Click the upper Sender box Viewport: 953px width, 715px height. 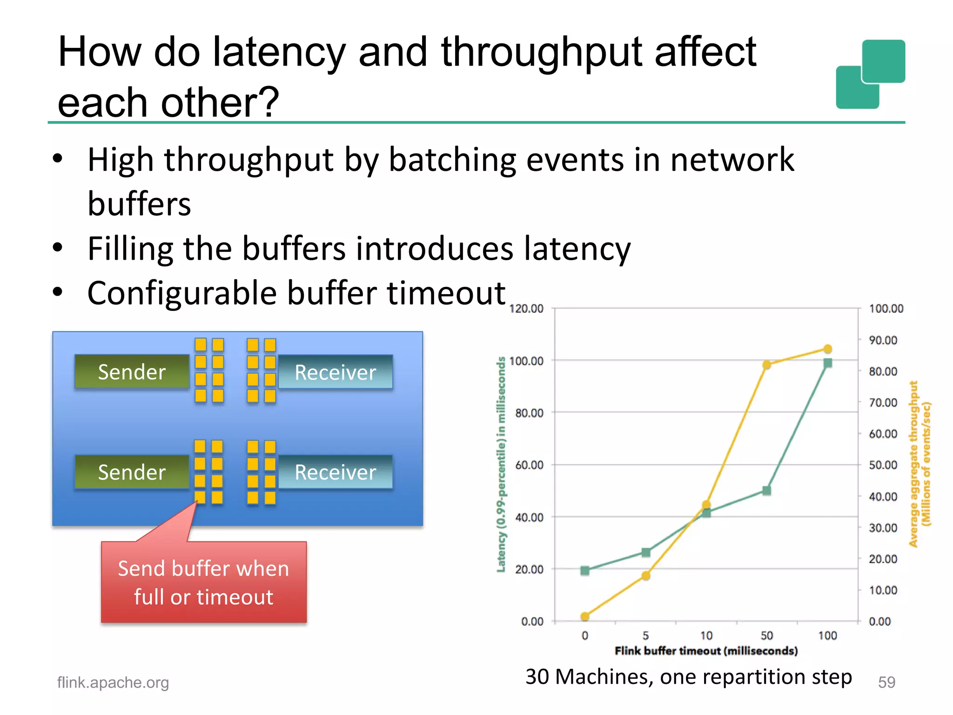[132, 372]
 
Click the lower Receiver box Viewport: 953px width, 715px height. [335, 472]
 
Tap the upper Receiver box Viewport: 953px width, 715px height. [335, 372]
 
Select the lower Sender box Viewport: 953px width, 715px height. [132, 472]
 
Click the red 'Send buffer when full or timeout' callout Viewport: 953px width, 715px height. [203, 582]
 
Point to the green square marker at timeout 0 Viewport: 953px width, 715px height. [585, 571]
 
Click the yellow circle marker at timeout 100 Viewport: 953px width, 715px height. [827, 349]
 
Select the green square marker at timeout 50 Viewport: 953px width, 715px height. [767, 491]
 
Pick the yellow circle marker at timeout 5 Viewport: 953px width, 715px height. [646, 576]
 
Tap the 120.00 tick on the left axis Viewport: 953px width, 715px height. [526, 309]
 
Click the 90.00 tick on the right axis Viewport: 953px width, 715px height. [883, 340]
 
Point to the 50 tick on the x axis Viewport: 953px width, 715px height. [767, 635]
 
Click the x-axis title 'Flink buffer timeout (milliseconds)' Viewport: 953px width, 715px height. [706, 651]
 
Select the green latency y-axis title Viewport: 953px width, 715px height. [501, 464]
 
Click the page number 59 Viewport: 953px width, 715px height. [886, 682]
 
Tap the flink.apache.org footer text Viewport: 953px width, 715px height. [113, 682]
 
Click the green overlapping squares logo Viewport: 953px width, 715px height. [870, 74]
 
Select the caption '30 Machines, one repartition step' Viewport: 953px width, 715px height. [688, 676]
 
